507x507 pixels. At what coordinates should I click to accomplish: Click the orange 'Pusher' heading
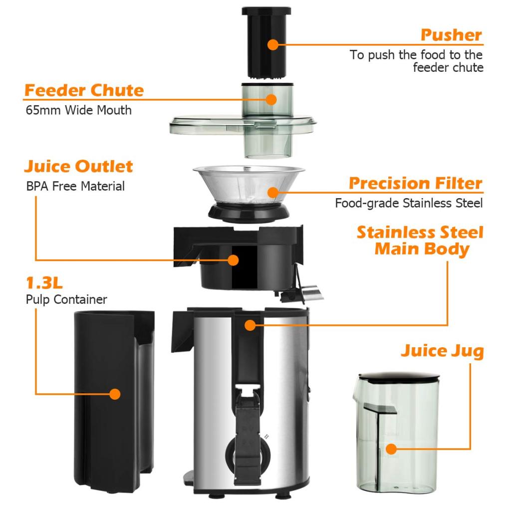click(451, 35)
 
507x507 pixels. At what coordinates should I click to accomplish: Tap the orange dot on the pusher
click(272, 44)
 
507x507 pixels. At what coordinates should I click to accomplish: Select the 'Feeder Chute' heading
click(84, 91)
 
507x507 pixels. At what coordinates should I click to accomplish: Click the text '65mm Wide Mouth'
click(78, 110)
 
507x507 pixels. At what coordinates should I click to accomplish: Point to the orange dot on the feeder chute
click(271, 99)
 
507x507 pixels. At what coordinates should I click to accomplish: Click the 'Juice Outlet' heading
click(79, 167)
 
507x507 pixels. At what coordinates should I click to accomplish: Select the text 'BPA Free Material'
click(75, 187)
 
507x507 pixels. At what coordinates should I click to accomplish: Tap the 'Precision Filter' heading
click(415, 183)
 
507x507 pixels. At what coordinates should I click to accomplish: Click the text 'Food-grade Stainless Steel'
click(409, 203)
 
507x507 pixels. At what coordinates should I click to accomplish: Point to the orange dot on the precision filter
click(272, 192)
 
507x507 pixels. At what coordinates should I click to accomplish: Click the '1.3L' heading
click(44, 283)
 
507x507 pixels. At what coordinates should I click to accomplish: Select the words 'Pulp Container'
click(66, 300)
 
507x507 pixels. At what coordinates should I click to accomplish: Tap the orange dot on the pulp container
click(115, 394)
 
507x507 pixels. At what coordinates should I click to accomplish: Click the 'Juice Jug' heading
click(442, 351)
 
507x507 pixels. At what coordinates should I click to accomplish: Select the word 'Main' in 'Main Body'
click(398, 249)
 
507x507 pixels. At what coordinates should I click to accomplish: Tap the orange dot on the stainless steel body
click(250, 325)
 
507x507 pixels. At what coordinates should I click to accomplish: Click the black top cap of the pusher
click(266, 11)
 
